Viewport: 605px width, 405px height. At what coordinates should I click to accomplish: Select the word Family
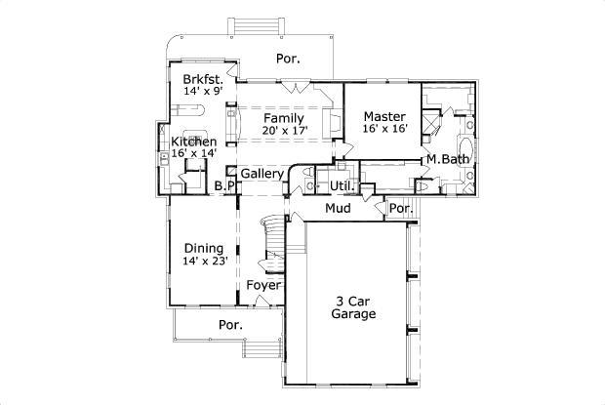284,118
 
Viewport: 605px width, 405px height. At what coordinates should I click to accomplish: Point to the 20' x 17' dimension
284,130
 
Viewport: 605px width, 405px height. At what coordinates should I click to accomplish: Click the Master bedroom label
383,116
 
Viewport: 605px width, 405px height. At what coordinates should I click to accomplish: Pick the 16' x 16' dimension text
383,128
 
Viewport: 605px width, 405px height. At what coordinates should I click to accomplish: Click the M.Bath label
446,159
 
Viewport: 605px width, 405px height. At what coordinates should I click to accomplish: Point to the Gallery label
262,174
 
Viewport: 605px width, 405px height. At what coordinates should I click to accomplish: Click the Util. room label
341,184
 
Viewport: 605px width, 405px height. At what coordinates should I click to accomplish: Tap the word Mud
338,208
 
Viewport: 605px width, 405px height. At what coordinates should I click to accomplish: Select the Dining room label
203,248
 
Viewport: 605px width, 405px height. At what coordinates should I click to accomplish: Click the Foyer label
263,285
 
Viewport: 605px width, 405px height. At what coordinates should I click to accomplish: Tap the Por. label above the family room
287,59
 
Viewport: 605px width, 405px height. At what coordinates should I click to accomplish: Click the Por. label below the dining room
230,325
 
